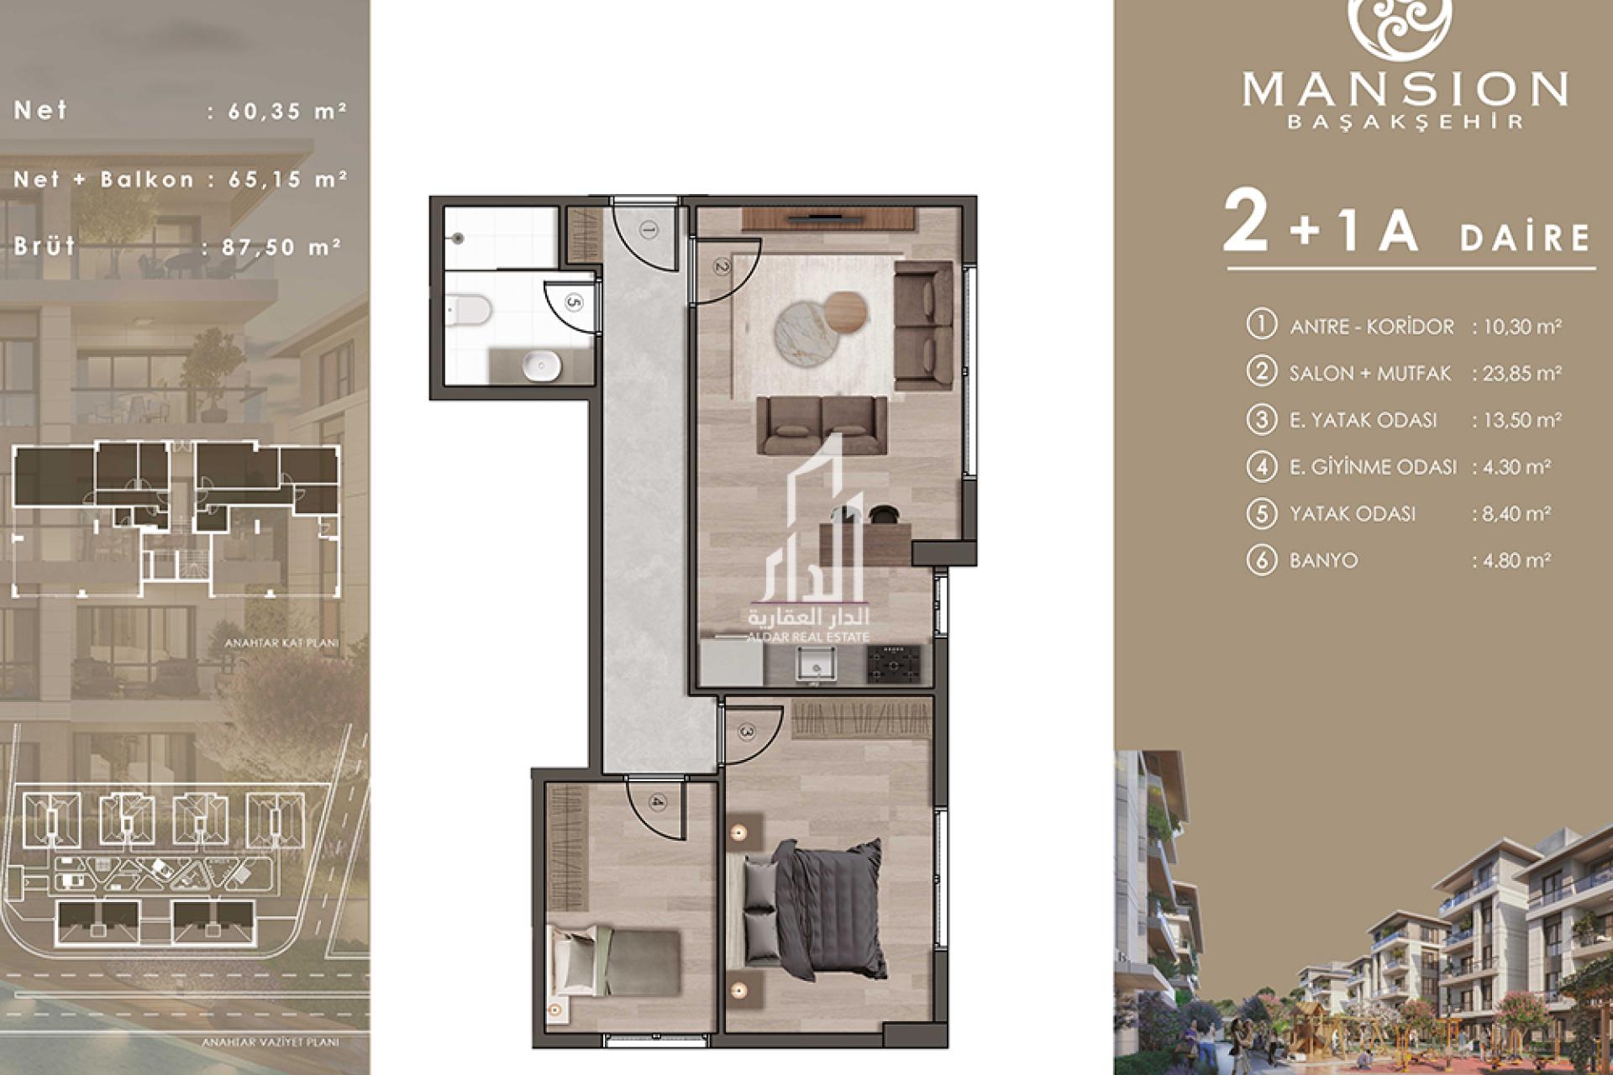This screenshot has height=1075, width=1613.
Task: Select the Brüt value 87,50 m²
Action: point(272,247)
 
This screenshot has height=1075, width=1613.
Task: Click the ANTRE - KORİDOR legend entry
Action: point(1371,327)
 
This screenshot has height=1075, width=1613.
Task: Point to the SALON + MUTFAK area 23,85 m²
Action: point(1516,374)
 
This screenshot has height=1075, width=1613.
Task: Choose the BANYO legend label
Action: point(1323,560)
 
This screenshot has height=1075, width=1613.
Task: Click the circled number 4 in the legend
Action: point(1261,466)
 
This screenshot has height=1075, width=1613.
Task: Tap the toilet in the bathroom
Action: point(468,312)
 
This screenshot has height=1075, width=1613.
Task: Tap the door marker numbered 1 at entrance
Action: point(648,228)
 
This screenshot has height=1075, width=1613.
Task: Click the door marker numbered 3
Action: point(748,732)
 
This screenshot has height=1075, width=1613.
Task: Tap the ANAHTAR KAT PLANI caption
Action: point(281,644)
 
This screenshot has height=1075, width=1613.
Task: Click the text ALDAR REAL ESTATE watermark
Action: point(808,637)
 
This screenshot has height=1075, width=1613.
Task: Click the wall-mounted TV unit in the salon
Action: point(828,219)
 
